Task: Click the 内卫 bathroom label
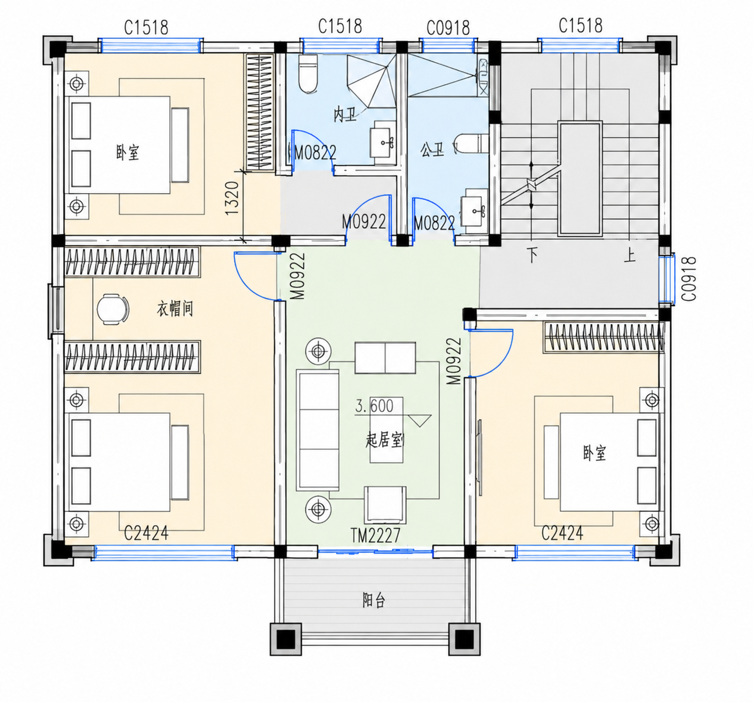[x=345, y=115]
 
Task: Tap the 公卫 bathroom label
[x=432, y=150]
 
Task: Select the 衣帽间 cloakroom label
[x=175, y=309]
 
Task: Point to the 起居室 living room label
[x=384, y=441]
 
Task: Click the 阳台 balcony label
[x=373, y=601]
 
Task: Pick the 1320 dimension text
[x=232, y=198]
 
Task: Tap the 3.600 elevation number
[x=374, y=406]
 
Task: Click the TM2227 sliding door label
[x=376, y=536]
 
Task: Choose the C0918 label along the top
[x=448, y=28]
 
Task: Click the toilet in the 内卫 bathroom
[x=308, y=74]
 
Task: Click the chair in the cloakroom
[x=113, y=309]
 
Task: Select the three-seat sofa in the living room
[x=318, y=430]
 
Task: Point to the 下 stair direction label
[x=533, y=255]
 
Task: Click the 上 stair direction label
[x=630, y=255]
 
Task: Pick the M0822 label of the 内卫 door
[x=315, y=153]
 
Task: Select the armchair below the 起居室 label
[x=385, y=505]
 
